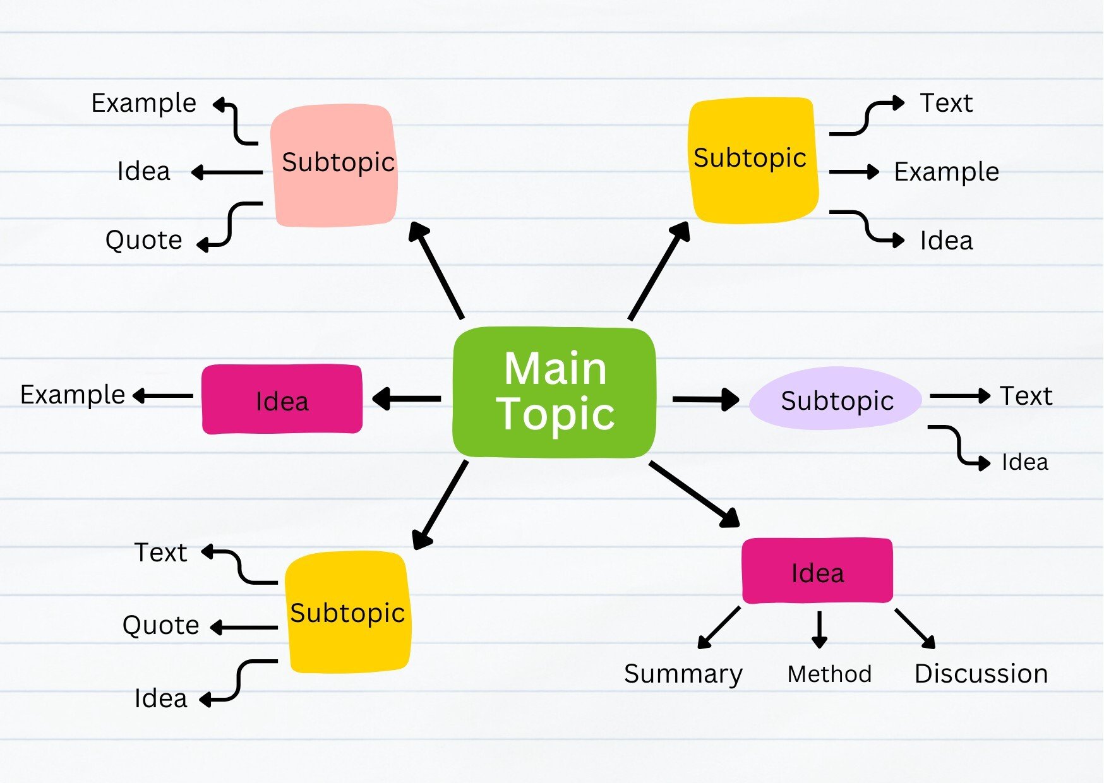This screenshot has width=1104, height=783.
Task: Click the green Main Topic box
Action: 555,392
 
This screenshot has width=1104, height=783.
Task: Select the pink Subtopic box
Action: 335,164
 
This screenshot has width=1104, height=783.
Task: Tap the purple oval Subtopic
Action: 836,400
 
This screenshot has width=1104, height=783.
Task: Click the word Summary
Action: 683,674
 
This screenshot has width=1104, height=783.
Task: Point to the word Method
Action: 829,674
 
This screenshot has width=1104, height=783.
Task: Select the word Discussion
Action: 981,674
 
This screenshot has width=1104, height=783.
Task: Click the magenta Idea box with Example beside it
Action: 282,400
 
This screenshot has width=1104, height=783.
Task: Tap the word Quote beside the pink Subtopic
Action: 144,240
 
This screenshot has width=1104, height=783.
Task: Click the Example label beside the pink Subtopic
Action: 144,103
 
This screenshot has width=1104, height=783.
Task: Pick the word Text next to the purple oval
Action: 1026,396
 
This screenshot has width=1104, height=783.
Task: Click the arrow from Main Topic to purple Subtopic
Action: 705,399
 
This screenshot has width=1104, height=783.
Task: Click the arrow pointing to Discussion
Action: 915,628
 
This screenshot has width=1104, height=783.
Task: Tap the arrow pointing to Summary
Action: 719,628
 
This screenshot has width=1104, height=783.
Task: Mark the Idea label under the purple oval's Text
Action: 1024,462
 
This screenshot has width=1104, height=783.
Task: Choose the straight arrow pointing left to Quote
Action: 244,628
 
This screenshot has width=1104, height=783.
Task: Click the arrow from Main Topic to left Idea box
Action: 407,398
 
